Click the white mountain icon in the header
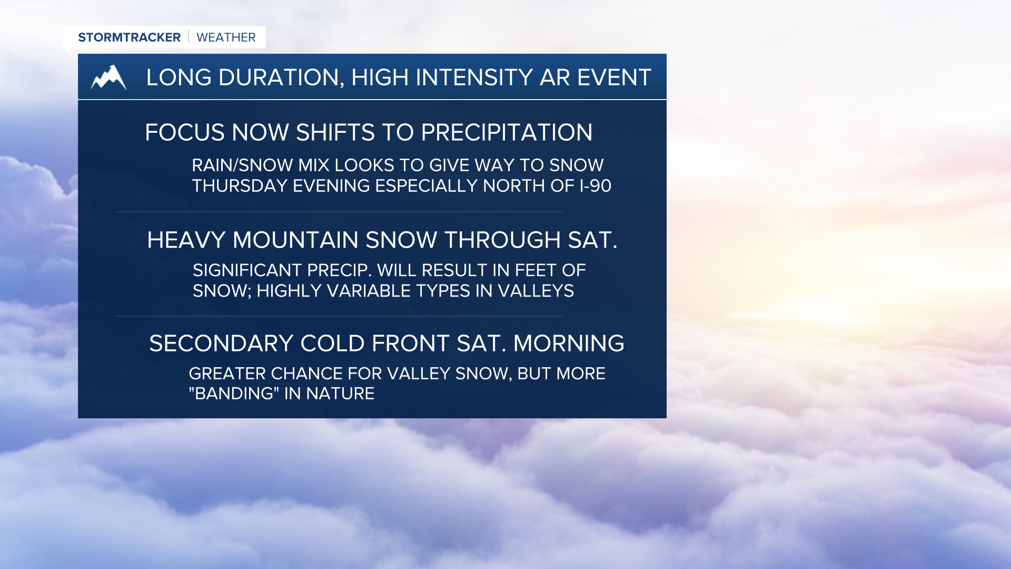pyautogui.click(x=108, y=77)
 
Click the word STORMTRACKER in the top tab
pyautogui.click(x=129, y=37)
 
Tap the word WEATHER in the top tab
pyautogui.click(x=226, y=37)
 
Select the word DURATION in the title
pyautogui.click(x=281, y=77)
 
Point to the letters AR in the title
pyautogui.click(x=555, y=77)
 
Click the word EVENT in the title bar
pyautogui.click(x=614, y=77)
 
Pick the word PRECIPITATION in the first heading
pyautogui.click(x=507, y=132)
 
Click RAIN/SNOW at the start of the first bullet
pyautogui.click(x=242, y=165)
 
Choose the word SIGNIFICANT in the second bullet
pyautogui.click(x=247, y=270)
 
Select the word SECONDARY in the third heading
pyautogui.click(x=221, y=344)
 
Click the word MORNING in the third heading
pyautogui.click(x=569, y=344)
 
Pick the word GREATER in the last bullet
pyautogui.click(x=227, y=374)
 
